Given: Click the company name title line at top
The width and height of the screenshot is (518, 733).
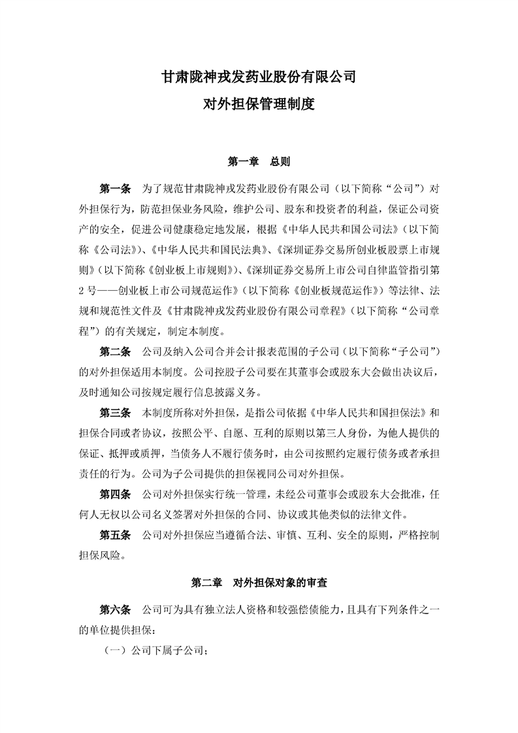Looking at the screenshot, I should (259, 77).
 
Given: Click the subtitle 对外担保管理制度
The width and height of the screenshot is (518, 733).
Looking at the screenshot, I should (259, 104).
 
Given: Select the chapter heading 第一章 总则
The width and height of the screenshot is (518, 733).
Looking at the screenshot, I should (259, 161).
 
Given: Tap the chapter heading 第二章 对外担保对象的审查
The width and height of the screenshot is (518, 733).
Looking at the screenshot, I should (259, 581).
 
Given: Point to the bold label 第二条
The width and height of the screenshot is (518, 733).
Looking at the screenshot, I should (115, 353).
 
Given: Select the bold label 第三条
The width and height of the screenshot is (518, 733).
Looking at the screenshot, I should (115, 414).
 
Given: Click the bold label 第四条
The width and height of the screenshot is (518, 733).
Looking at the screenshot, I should (115, 494).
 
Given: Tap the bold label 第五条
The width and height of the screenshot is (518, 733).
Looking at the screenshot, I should (115, 535).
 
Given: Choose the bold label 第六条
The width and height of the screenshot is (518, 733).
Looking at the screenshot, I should (115, 609).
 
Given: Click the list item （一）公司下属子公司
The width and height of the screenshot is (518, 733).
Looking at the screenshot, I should (156, 651).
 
